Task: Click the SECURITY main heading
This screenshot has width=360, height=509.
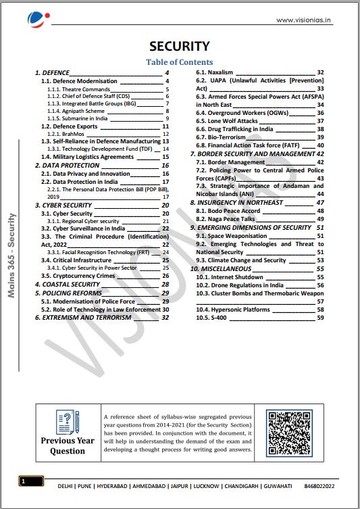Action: pos(180,46)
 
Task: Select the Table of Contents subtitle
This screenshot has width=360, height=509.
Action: pos(180,62)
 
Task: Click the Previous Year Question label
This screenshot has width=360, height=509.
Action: pos(68,445)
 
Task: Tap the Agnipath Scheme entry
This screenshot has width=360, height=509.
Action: pos(76,111)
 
